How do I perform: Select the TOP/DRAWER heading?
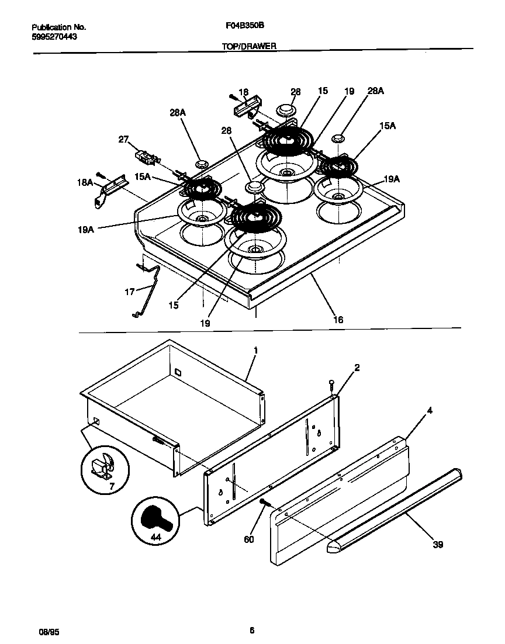click(x=249, y=45)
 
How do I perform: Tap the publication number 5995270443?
click(x=54, y=36)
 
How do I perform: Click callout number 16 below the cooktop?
click(x=338, y=320)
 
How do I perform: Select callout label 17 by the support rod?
click(x=129, y=290)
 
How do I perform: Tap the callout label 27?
click(x=123, y=139)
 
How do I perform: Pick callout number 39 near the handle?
click(x=438, y=545)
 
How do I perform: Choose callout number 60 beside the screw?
click(x=249, y=539)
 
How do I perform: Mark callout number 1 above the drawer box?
click(x=255, y=350)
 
